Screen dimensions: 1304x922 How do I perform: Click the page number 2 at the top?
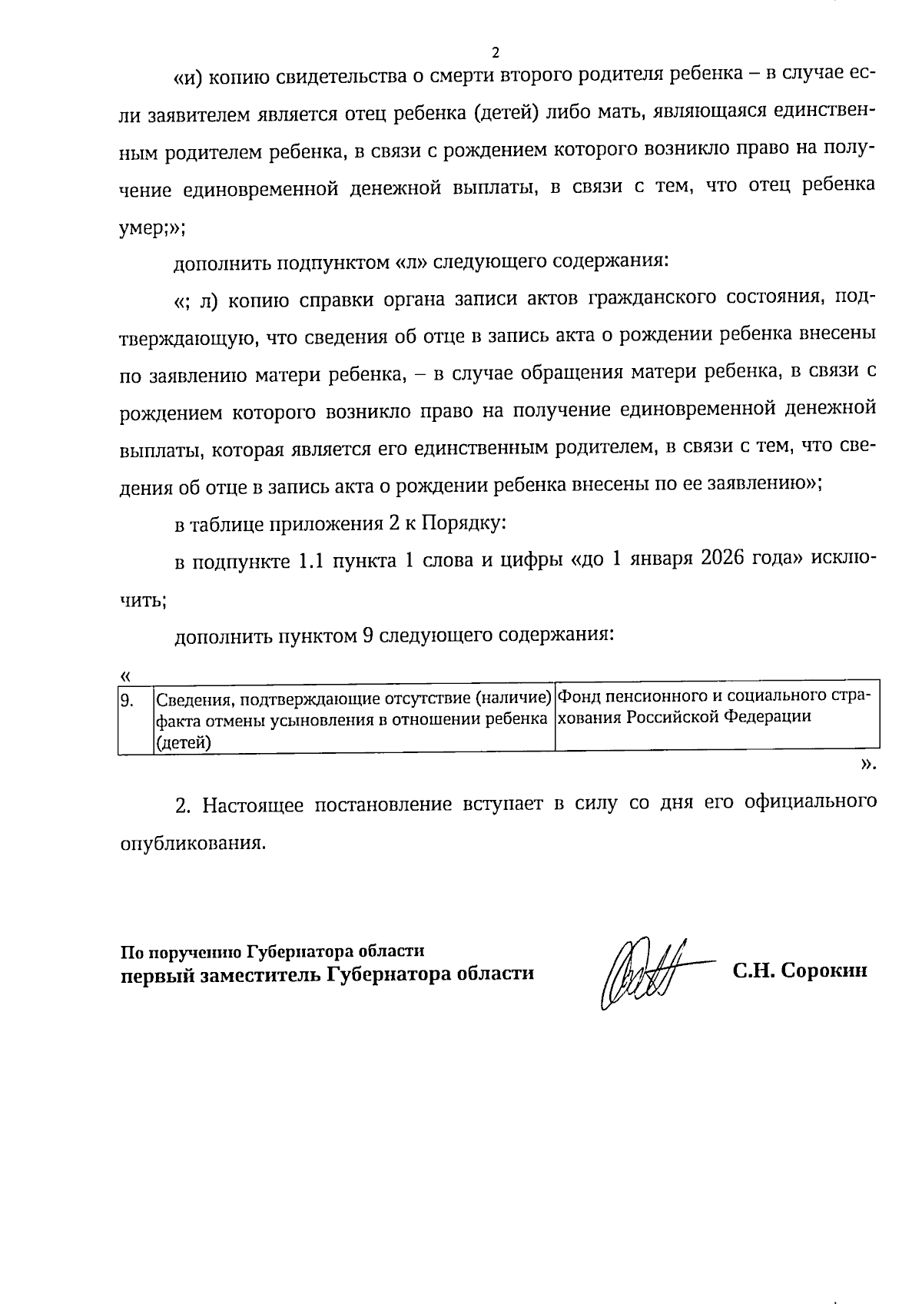[x=495, y=54]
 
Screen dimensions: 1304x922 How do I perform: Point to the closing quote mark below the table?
[x=868, y=764]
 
